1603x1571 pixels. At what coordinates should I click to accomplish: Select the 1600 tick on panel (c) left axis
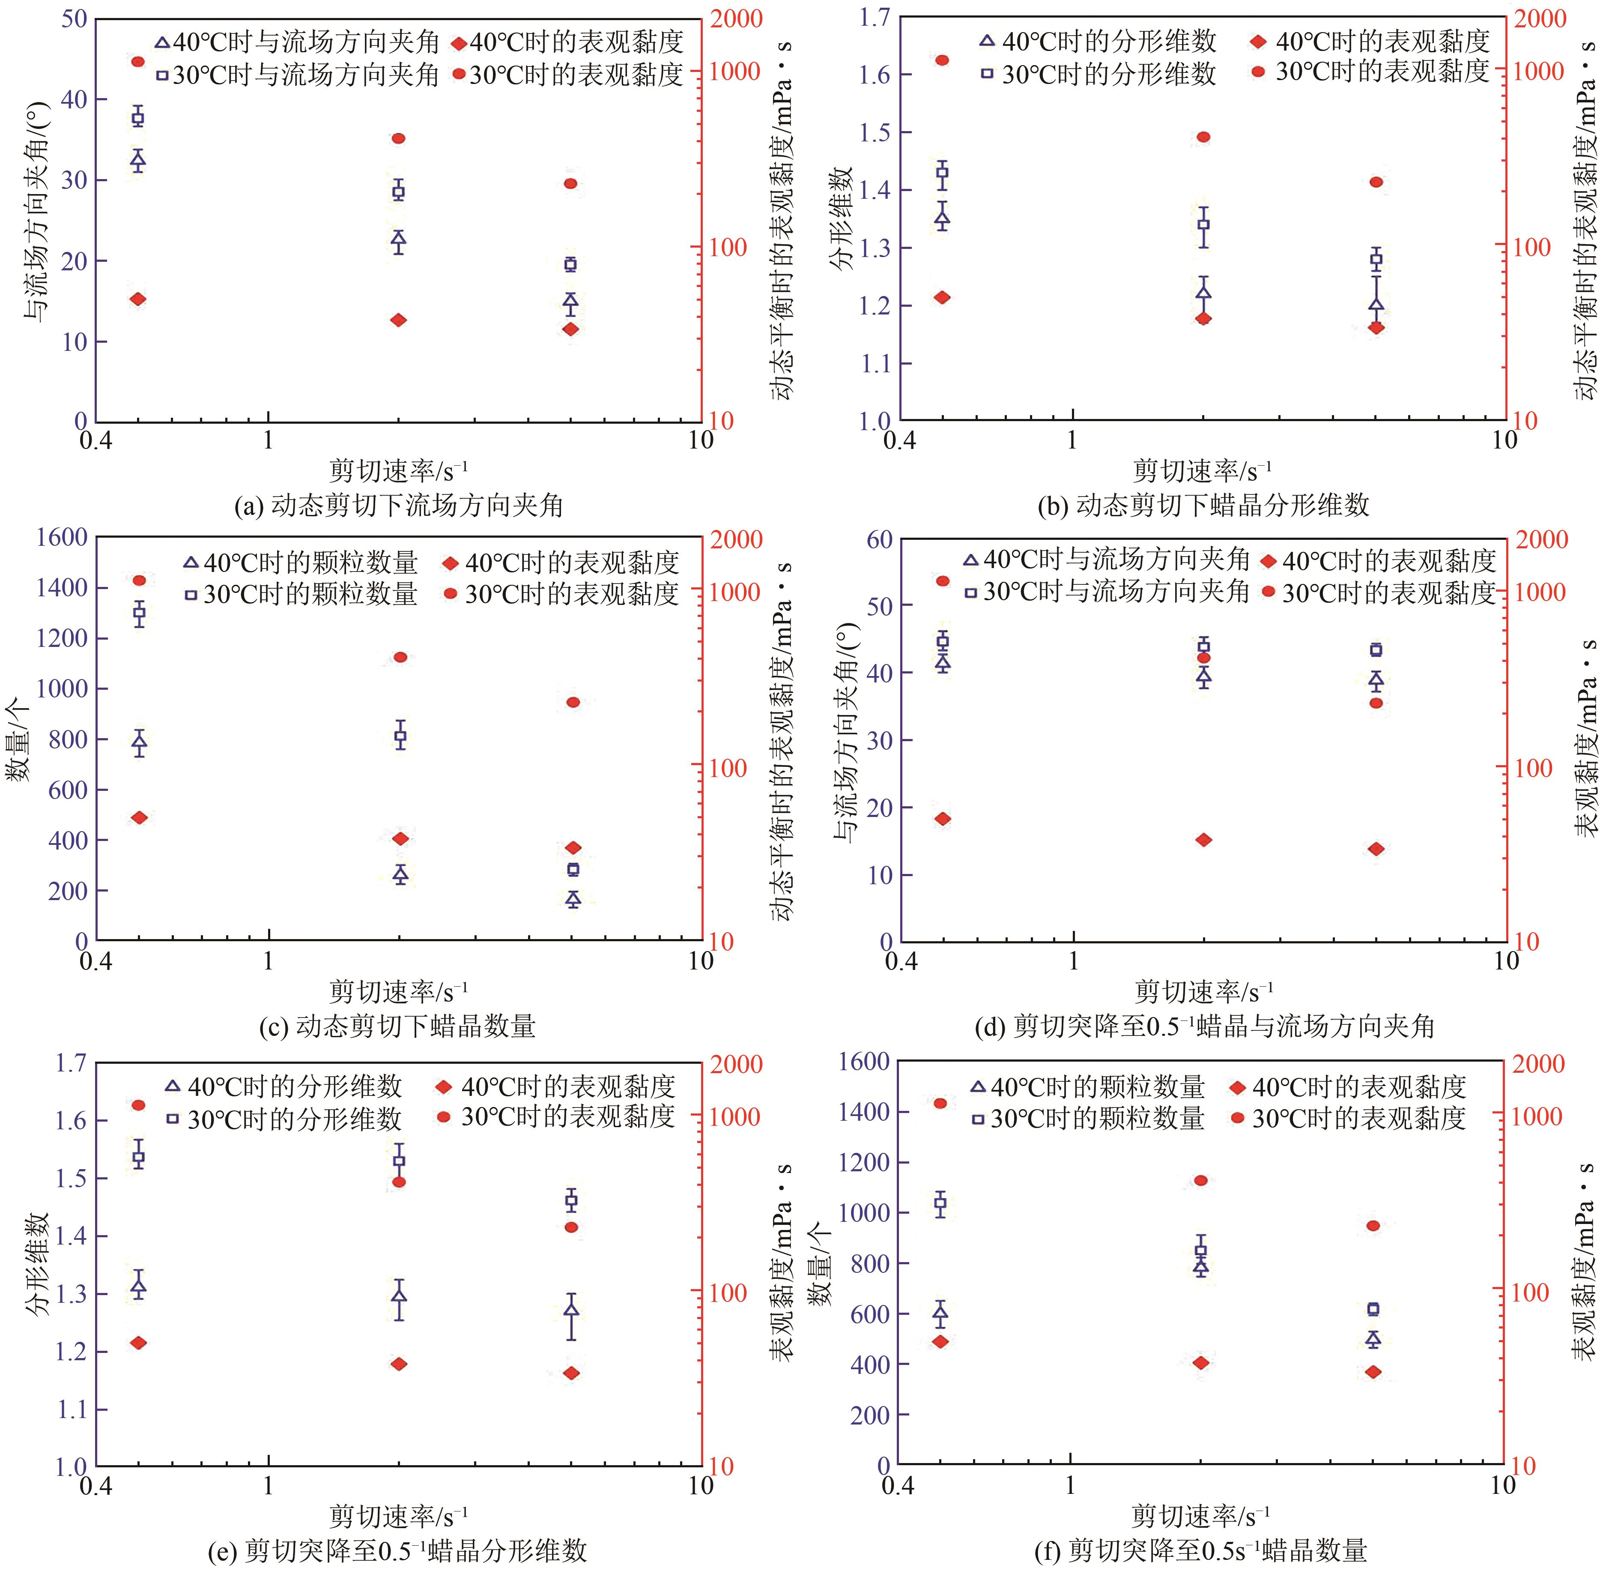[x=62, y=537]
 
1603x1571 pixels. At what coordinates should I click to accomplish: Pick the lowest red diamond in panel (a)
[x=570, y=329]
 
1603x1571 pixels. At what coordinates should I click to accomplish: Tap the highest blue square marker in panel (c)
[x=140, y=612]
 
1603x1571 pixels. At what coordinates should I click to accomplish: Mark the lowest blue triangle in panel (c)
[x=573, y=898]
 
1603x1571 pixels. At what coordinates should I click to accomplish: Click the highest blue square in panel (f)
[x=940, y=1204]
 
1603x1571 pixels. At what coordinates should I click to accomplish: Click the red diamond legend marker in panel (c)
[x=450, y=563]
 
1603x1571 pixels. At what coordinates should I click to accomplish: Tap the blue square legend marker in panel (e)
[x=173, y=1119]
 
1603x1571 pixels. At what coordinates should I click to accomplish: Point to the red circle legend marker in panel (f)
[x=1237, y=1119]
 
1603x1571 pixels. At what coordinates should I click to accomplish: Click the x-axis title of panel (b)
[x=1202, y=471]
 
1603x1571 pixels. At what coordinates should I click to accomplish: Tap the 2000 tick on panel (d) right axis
[x=1543, y=540]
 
